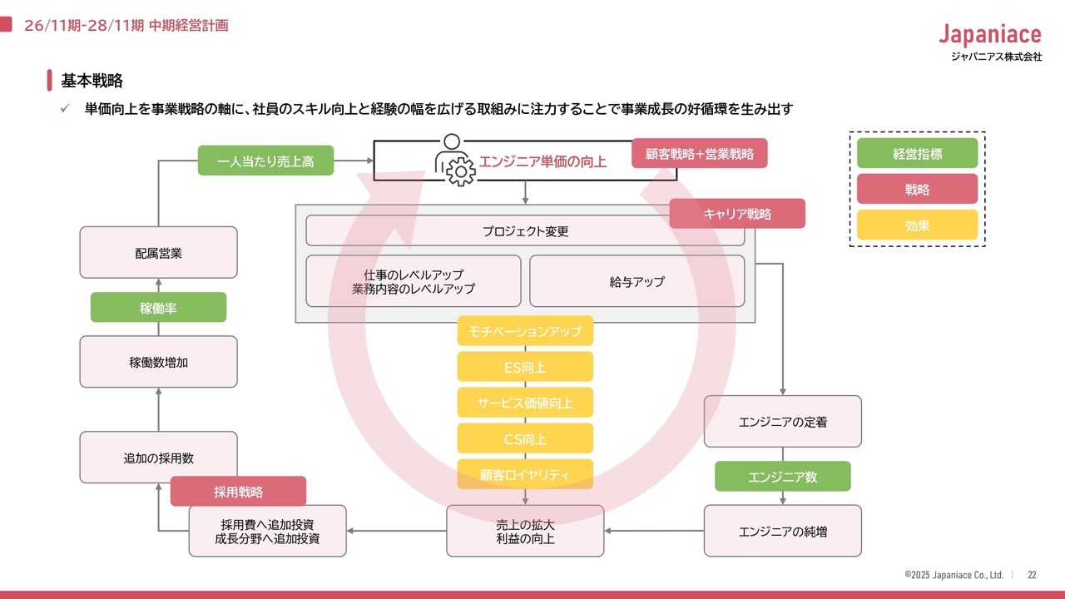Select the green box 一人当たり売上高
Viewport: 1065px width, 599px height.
point(265,161)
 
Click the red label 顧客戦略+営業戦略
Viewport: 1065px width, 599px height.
point(699,153)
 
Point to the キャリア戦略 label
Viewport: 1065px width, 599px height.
point(737,214)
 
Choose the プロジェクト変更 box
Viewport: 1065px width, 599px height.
point(525,231)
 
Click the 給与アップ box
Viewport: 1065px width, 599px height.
point(637,281)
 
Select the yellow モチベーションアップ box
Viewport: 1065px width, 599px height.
point(525,331)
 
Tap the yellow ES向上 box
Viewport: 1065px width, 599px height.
point(525,367)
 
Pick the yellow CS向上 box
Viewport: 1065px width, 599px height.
point(525,438)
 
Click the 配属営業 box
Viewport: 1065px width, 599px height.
point(158,252)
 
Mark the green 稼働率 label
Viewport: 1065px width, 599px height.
point(158,308)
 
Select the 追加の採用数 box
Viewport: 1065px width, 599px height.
point(158,458)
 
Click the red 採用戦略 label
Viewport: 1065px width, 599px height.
point(238,492)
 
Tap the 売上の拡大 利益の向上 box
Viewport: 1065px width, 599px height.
point(525,531)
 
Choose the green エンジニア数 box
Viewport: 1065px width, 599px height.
point(782,477)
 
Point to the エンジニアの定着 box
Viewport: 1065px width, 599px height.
point(782,422)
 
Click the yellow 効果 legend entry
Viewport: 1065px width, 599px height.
point(917,225)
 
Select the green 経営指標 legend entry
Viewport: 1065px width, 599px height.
point(917,153)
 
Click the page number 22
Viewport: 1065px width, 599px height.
point(1032,575)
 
